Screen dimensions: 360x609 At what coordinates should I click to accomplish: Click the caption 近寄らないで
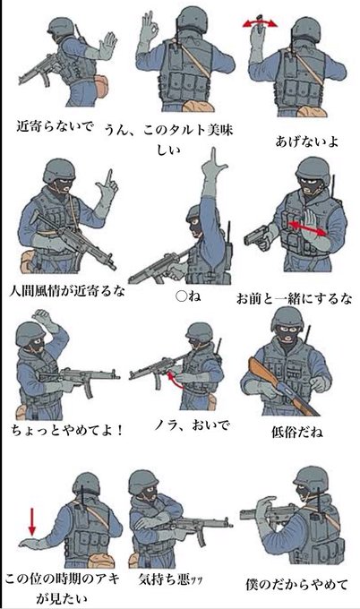point(55,126)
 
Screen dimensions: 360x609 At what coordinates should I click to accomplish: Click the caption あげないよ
point(306,142)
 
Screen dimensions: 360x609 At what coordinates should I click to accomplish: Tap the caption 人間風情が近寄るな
point(67,290)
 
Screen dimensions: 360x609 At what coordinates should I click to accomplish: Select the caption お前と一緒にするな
point(294,298)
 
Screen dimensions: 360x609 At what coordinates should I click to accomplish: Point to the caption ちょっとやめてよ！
point(67,430)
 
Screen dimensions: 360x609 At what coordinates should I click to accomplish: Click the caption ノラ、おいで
point(192,425)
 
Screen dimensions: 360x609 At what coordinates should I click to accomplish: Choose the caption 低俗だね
point(297,432)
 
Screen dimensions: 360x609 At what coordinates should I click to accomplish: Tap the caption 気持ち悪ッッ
point(170,579)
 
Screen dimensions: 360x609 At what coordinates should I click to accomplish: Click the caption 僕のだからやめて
point(296,584)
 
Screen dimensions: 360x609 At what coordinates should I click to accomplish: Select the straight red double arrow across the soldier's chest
point(307,228)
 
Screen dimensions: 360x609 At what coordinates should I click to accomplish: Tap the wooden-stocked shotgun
point(282,387)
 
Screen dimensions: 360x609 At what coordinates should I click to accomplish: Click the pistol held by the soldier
point(258,236)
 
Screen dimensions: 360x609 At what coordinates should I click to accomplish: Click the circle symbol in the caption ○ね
point(182,296)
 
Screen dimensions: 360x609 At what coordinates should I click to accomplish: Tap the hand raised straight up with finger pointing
point(212,171)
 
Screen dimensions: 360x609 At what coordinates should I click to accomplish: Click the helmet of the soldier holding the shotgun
point(287,318)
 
